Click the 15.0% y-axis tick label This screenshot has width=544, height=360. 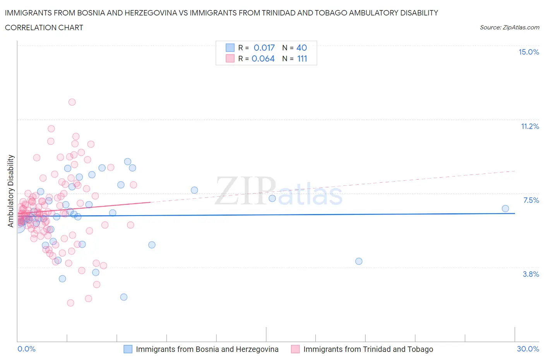[529, 52]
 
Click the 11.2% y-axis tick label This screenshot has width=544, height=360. [530, 127]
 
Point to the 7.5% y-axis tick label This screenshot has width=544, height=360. [531, 201]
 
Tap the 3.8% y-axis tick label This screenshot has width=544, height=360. [531, 274]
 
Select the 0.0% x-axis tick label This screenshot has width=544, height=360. [26, 349]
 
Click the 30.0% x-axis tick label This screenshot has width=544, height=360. [528, 349]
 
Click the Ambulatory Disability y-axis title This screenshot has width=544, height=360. [11, 191]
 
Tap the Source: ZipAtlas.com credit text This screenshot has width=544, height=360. [509, 27]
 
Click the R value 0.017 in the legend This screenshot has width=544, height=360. [264, 48]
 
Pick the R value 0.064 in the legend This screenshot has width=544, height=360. [263, 59]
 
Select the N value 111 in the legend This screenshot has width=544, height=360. [302, 59]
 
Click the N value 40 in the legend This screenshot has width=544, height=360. [301, 48]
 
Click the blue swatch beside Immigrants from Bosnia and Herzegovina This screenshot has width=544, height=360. [128, 349]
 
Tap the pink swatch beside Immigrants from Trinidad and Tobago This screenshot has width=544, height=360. [295, 349]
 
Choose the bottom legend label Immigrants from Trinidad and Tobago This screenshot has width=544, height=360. [368, 349]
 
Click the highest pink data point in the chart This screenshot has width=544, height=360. [72, 102]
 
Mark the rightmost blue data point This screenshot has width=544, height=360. [505, 209]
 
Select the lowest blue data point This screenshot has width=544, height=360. [124, 297]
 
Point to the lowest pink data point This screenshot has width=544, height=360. [70, 303]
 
